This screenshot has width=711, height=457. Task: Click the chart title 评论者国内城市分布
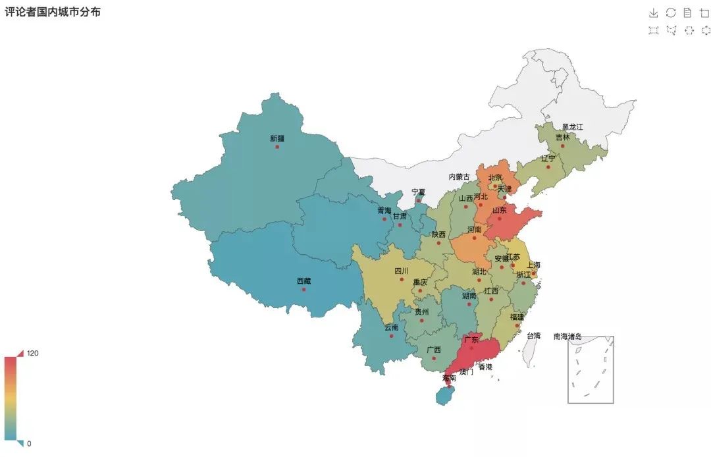click(53, 12)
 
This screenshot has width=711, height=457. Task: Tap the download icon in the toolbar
click(653, 13)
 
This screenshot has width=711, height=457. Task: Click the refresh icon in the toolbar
click(671, 13)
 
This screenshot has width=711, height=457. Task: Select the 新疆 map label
click(277, 138)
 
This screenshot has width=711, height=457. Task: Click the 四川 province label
click(402, 271)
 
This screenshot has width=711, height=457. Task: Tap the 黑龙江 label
click(572, 126)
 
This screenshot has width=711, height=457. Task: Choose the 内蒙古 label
click(460, 177)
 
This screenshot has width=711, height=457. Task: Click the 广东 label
click(471, 340)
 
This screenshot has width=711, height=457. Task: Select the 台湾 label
click(533, 336)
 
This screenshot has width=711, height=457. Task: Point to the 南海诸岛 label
click(567, 336)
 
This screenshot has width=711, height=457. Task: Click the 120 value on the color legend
click(33, 353)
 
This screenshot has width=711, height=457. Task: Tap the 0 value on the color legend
click(29, 443)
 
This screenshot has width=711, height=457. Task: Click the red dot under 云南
click(391, 336)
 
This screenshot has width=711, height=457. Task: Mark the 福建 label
click(517, 317)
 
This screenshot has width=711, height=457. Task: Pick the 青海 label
click(384, 211)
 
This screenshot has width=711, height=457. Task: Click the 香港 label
click(485, 367)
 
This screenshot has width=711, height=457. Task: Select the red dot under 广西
click(434, 358)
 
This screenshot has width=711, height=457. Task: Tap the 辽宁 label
click(548, 159)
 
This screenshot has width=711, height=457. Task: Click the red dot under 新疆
click(277, 147)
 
